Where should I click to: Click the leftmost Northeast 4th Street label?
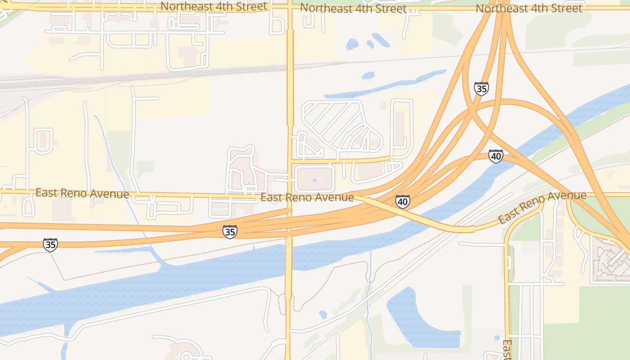click(x=214, y=6)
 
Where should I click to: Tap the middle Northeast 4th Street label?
click(x=353, y=8)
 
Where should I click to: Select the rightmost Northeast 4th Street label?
click(x=529, y=8)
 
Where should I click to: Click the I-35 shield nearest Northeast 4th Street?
click(x=481, y=89)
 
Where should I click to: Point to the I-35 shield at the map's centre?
click(x=229, y=232)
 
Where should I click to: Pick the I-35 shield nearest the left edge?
click(x=50, y=245)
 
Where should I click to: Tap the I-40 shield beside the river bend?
click(x=495, y=157)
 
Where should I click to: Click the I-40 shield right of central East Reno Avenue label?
click(x=403, y=202)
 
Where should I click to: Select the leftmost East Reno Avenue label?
click(x=82, y=193)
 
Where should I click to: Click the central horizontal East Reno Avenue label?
click(x=307, y=197)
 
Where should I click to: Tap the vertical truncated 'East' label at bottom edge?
click(x=507, y=350)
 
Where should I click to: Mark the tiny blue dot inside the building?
click(x=314, y=180)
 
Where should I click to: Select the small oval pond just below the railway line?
click(x=368, y=75)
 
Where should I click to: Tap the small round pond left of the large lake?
click(x=323, y=314)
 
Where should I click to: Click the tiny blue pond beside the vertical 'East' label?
click(x=496, y=337)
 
